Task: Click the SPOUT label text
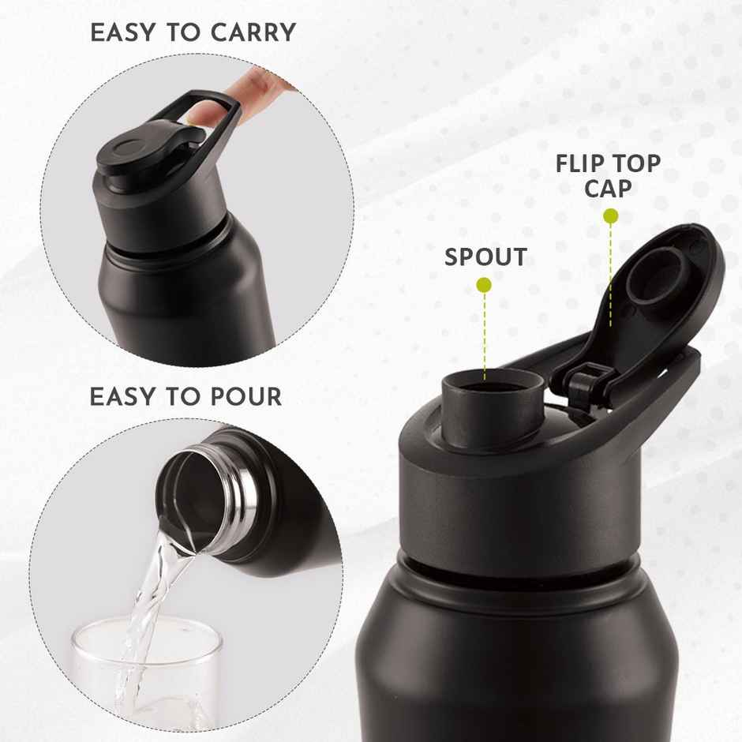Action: point(485,257)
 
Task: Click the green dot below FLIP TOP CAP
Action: point(610,215)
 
